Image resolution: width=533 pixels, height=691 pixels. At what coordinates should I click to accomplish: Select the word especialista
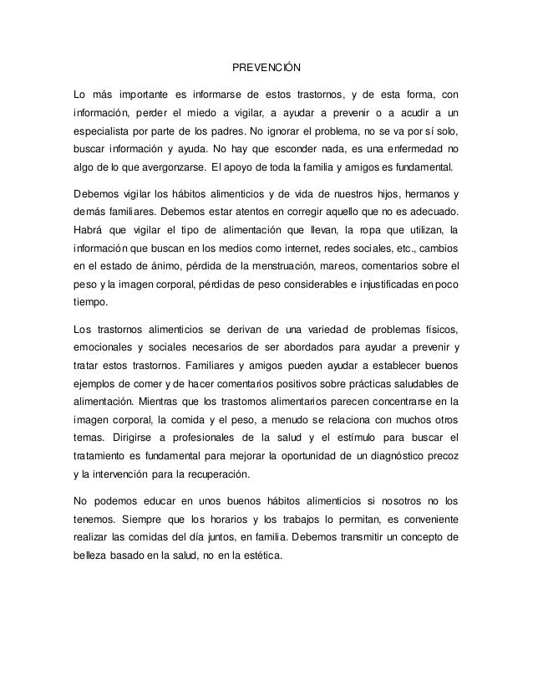pos(105,132)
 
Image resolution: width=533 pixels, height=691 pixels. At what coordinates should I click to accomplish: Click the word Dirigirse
pos(130,438)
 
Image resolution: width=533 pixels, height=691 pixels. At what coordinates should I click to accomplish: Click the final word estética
pos(260,555)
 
